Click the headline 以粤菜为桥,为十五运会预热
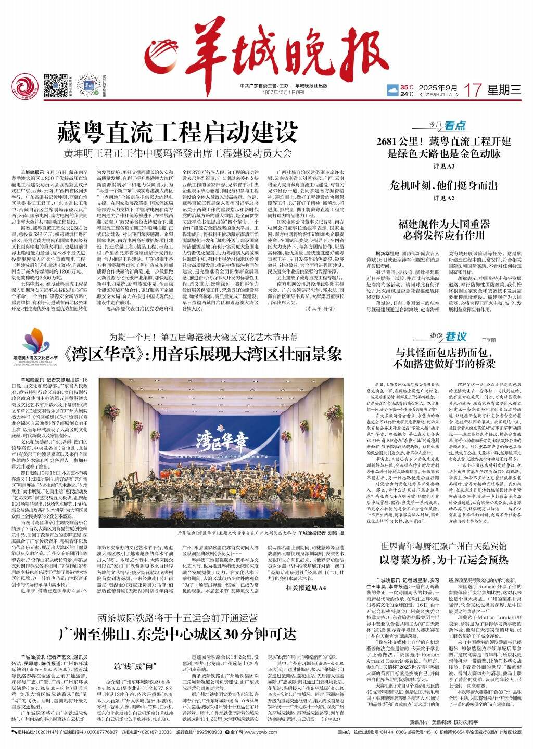click(443, 560)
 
